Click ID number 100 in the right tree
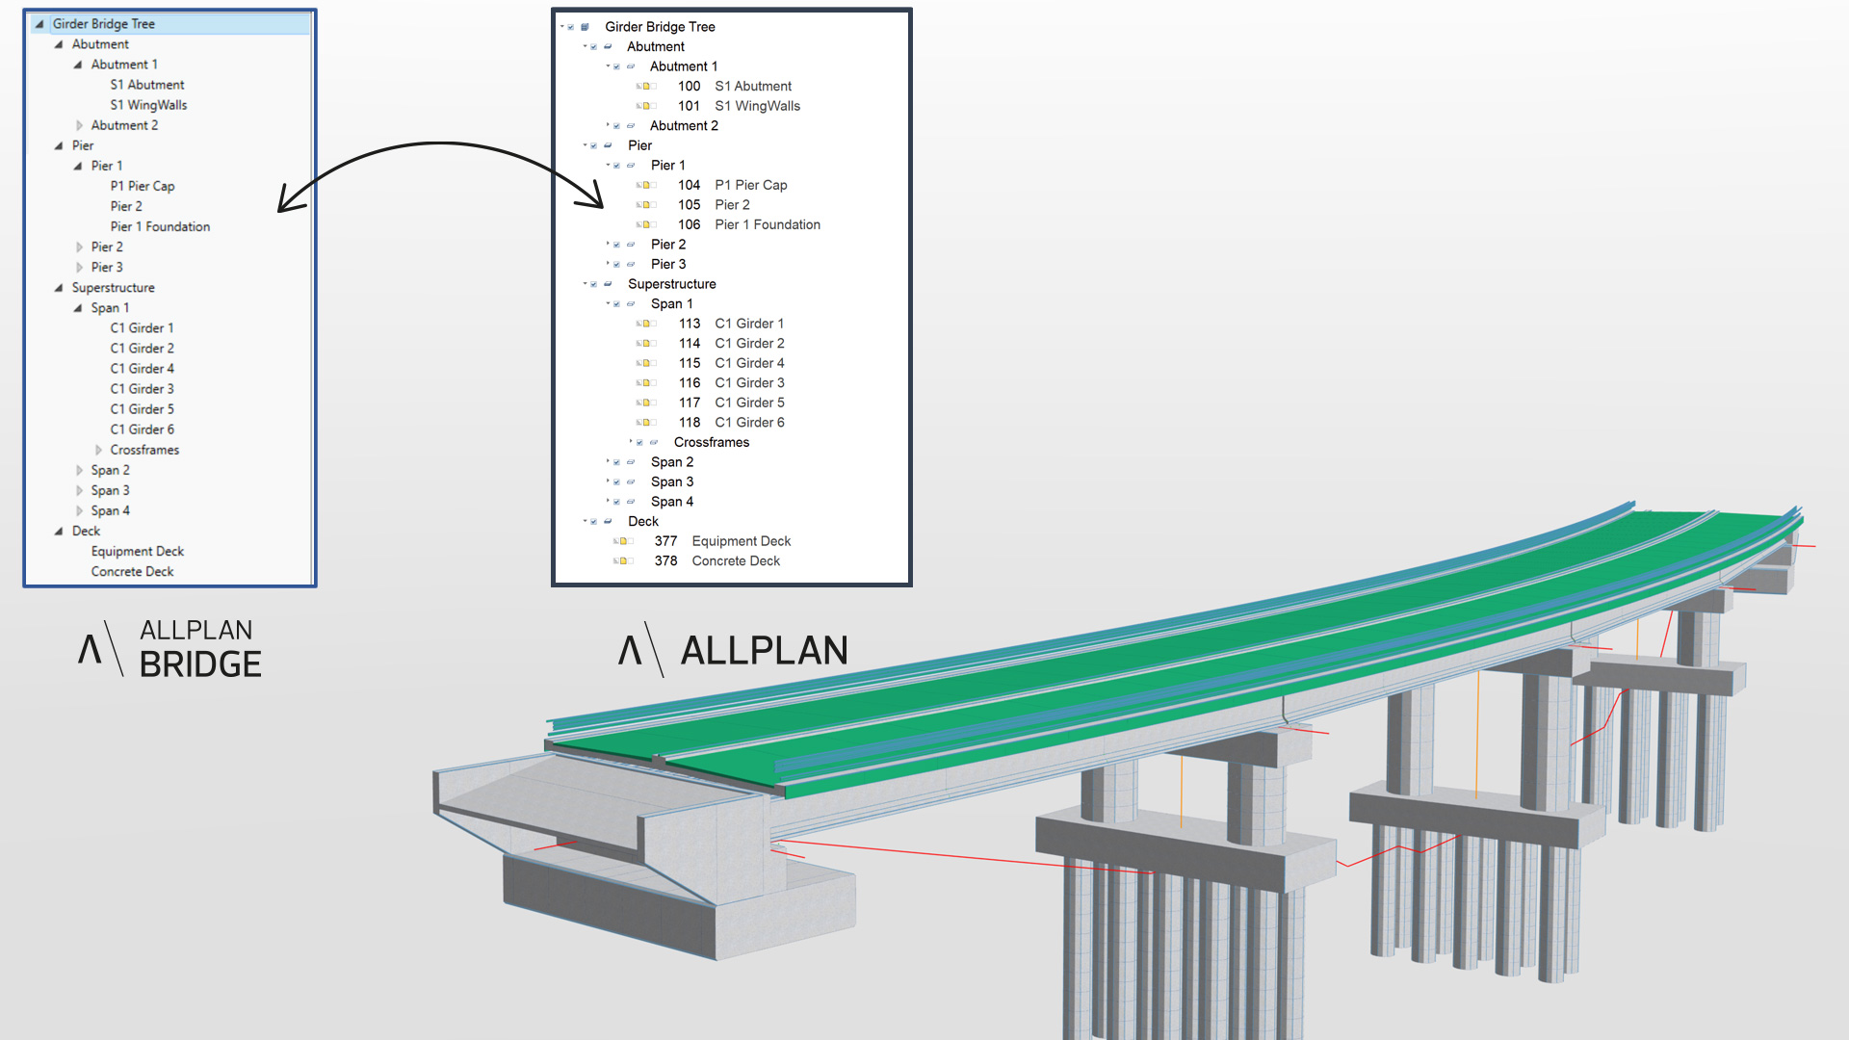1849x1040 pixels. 689,87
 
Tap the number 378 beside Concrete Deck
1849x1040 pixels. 665,561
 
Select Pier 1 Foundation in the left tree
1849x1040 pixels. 160,227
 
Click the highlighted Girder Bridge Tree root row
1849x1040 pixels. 104,24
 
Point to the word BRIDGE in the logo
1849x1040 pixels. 200,664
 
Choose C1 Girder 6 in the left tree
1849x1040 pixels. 142,429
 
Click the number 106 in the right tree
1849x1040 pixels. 689,225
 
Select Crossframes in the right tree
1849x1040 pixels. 711,443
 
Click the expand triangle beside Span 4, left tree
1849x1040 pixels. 80,511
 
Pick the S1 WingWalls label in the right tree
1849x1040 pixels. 757,107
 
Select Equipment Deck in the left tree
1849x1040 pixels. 137,552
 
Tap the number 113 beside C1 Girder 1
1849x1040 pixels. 690,325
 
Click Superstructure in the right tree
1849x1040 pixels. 671,285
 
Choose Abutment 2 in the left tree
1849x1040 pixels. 124,126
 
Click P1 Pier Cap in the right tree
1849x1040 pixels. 750,186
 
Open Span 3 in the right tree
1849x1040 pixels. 671,482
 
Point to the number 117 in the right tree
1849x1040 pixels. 690,403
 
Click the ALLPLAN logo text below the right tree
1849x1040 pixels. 764,651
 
